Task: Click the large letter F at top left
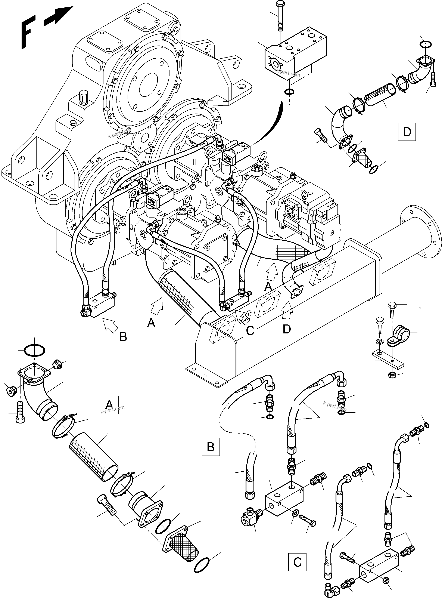[27, 32]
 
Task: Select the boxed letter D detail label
[407, 132]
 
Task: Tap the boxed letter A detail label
[109, 404]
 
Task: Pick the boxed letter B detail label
[211, 447]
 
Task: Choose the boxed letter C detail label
[297, 562]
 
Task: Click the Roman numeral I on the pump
[122, 205]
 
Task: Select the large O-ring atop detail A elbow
[34, 350]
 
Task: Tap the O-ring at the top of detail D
[425, 44]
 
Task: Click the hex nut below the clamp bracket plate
[391, 375]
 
